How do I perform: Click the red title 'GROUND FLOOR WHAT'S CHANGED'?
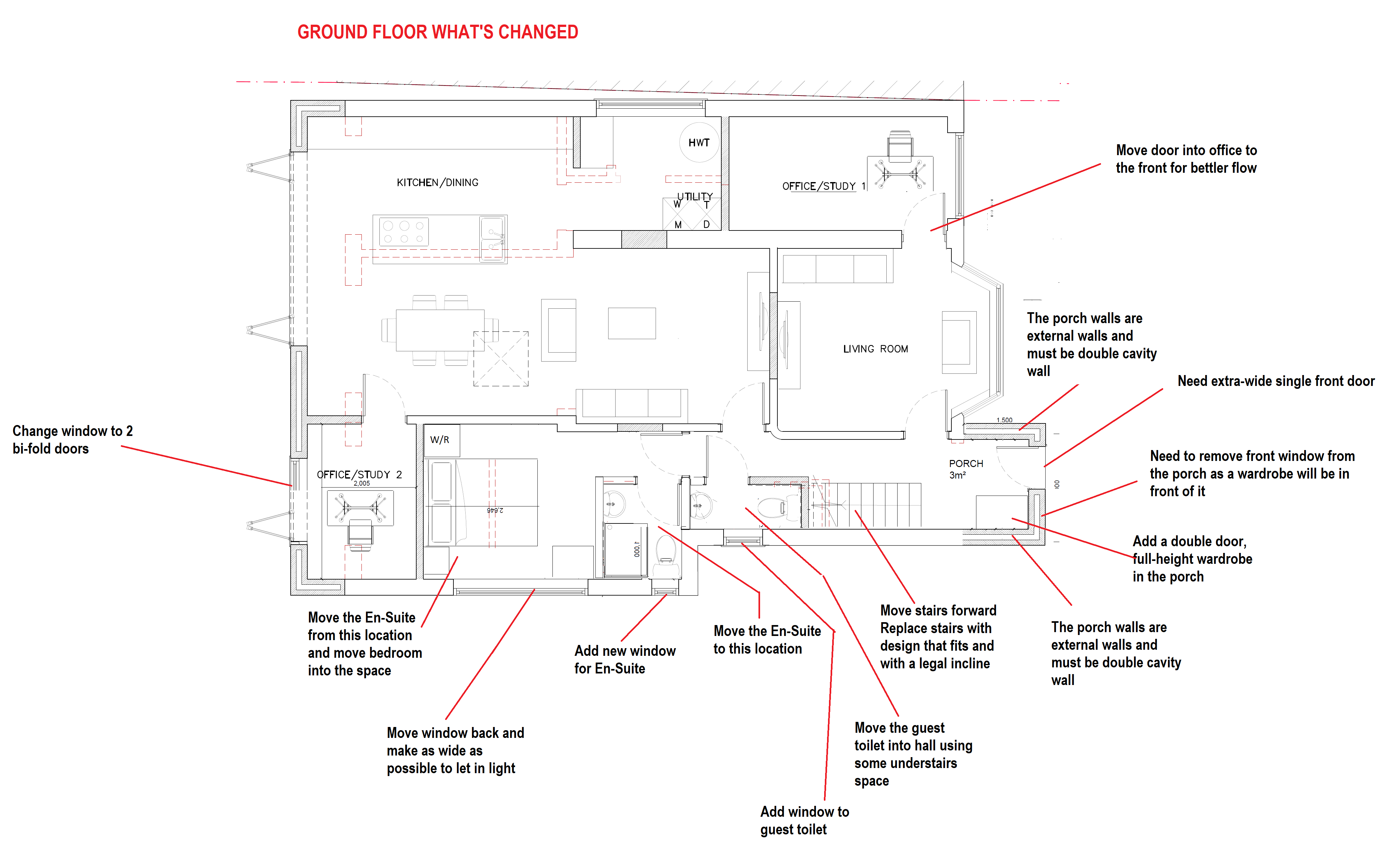[x=437, y=32]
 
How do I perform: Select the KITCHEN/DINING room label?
[x=437, y=182]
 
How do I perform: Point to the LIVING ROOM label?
[x=875, y=349]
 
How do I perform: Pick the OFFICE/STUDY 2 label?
[x=359, y=475]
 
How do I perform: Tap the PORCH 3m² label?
[x=965, y=469]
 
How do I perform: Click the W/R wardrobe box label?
[x=440, y=439]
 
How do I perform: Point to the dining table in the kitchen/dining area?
[x=440, y=330]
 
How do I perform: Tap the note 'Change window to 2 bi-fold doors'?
[x=72, y=439]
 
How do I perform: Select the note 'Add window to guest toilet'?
[x=804, y=820]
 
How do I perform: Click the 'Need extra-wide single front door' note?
[x=1276, y=381]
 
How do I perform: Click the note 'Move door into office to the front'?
[x=1186, y=159]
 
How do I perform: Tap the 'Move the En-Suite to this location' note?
[x=766, y=639]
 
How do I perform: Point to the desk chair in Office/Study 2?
[x=360, y=534]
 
